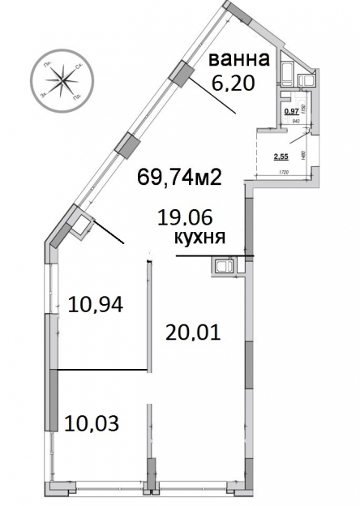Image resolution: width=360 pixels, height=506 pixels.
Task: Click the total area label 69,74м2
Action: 180,177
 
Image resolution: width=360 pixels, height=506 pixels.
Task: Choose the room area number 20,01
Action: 193,331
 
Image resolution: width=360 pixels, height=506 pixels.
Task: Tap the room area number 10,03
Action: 91,422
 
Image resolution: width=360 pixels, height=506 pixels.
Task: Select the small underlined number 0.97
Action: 289,111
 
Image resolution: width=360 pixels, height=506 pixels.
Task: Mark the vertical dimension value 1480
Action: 302,154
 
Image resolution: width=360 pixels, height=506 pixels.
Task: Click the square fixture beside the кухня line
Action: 223,265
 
